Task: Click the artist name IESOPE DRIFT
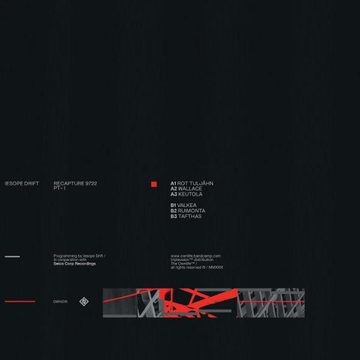coord(22,184)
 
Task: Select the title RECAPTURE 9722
coord(76,184)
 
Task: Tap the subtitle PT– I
coord(59,188)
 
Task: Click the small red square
coord(154,184)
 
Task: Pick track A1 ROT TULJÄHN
coord(192,183)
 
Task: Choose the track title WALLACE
coord(190,189)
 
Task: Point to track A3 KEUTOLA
coord(187,194)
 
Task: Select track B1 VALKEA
coord(184,205)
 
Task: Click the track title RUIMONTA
coord(191,211)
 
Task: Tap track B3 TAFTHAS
coord(186,216)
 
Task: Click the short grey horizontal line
coord(13,256)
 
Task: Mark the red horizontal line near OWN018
coord(20,301)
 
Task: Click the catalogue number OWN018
coord(60,302)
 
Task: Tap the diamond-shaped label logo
coord(84,302)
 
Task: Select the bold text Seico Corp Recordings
coord(74,263)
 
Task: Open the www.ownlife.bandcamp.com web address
coord(196,256)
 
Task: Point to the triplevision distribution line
coord(192,260)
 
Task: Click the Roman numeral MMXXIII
coord(215,267)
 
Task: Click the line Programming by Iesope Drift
coord(79,256)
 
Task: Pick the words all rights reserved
coord(186,267)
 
